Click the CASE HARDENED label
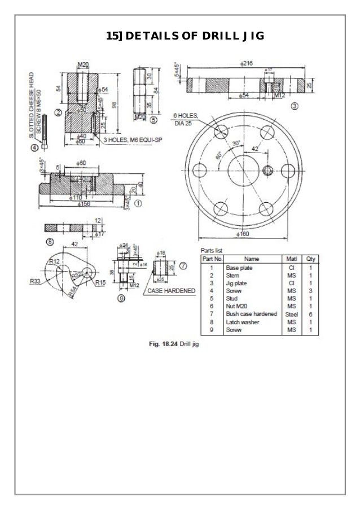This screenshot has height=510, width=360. tap(171, 291)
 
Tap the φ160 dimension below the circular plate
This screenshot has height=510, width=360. tap(245, 234)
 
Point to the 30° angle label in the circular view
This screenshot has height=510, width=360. tap(234, 143)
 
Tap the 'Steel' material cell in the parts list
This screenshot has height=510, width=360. tap(291, 313)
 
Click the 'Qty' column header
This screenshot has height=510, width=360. tap(310, 259)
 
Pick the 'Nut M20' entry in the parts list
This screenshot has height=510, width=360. tap(237, 306)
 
